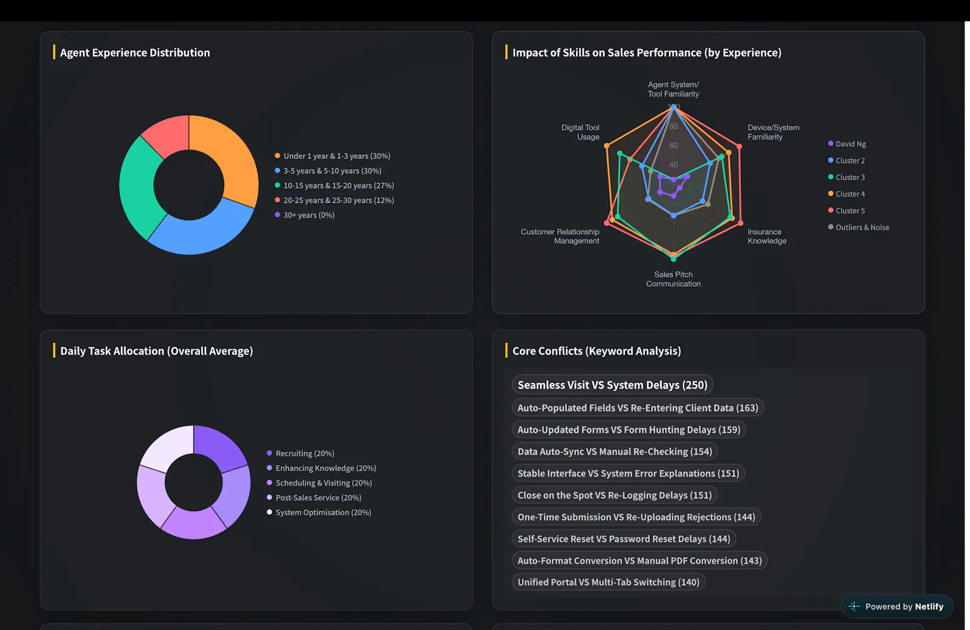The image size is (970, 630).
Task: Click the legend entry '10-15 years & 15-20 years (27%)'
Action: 334,186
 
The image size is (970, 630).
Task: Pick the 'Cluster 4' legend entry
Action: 846,194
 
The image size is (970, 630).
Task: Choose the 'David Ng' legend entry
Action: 846,144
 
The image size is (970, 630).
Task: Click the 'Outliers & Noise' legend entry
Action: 858,227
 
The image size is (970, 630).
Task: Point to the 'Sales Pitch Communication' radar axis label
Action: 674,280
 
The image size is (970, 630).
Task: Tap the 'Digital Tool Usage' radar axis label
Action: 580,132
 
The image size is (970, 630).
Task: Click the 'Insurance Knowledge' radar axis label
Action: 767,236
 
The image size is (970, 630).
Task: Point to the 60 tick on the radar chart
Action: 674,146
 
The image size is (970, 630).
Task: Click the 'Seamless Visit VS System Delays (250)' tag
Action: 612,385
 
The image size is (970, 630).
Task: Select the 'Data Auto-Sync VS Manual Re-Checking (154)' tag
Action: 615,452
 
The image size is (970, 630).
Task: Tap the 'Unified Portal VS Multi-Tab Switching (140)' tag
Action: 609,582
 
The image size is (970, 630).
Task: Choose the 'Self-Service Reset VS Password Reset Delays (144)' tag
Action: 624,539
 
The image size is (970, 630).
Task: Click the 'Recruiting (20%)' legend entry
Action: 301,454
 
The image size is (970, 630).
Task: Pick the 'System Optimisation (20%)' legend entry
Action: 319,512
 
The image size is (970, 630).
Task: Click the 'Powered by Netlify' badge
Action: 897,606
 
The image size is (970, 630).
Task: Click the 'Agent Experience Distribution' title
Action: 135,52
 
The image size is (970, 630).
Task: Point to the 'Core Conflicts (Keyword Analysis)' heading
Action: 597,350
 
